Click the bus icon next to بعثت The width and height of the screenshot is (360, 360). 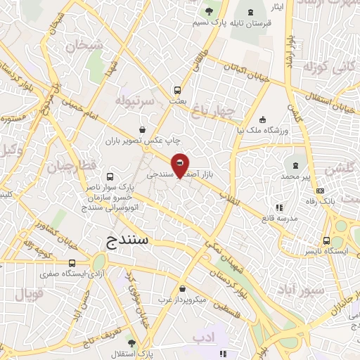click(x=176, y=90)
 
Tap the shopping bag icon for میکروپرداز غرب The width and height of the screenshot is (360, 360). click(x=183, y=288)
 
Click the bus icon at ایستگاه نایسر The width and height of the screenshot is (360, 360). click(x=326, y=239)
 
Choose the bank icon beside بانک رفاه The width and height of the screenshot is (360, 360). click(x=321, y=191)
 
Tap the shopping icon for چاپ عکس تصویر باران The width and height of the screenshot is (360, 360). click(x=143, y=129)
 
